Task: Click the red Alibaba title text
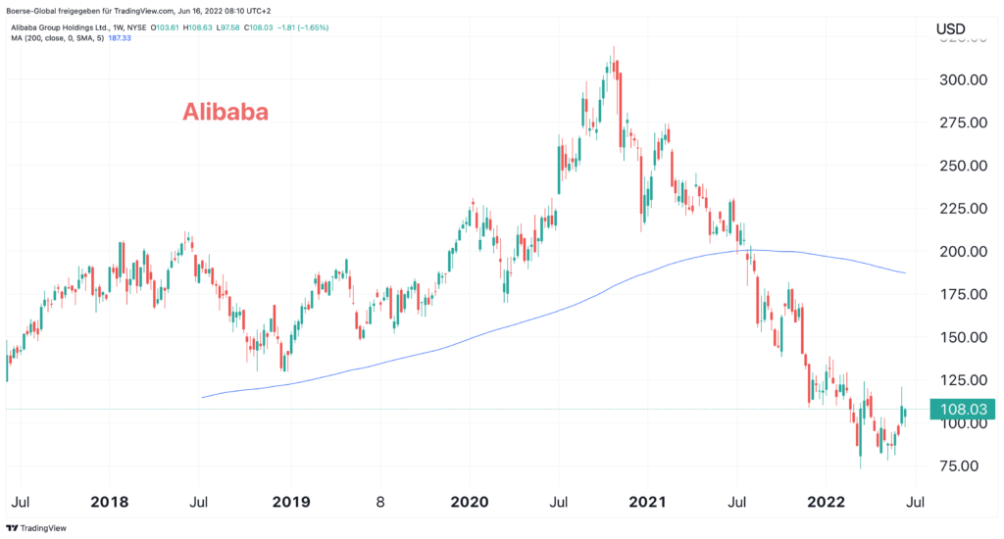click(x=226, y=113)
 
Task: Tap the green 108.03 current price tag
click(x=962, y=410)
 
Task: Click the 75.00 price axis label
click(x=964, y=466)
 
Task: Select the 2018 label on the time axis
click(x=110, y=502)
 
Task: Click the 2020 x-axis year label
click(x=468, y=502)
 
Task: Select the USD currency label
click(x=951, y=30)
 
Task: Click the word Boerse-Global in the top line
click(x=35, y=11)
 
